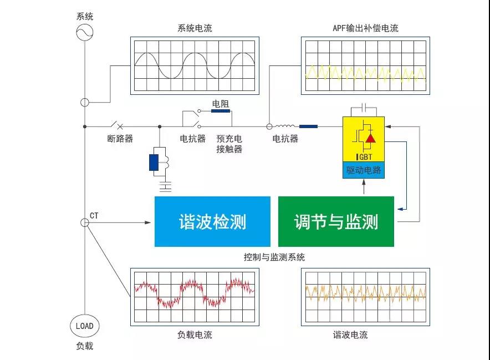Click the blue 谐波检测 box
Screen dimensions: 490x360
tap(212, 221)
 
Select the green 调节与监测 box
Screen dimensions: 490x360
tap(336, 221)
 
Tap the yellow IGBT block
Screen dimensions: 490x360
tap(364, 139)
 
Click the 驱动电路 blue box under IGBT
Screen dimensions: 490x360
tap(364, 170)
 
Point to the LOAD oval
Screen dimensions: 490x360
tap(84, 326)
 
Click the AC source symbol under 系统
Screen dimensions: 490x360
tap(85, 32)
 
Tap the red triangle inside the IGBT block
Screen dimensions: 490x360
tap(371, 138)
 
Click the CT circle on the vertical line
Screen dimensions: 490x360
tap(85, 222)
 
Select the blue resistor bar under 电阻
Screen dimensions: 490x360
tap(221, 111)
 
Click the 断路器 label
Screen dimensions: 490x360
tap(120, 139)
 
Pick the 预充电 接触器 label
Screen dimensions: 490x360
tap(229, 144)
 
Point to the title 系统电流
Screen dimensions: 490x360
tap(195, 28)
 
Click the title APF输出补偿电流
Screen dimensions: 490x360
tap(365, 28)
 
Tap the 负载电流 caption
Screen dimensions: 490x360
tap(195, 335)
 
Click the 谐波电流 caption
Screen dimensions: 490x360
tap(350, 335)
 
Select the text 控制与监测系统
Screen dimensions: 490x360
tap(274, 257)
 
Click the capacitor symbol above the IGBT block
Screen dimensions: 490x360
tap(364, 107)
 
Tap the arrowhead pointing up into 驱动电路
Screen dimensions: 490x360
tap(364, 182)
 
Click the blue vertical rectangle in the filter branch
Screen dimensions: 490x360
tap(154, 163)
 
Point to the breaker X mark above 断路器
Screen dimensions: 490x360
tap(120, 126)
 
